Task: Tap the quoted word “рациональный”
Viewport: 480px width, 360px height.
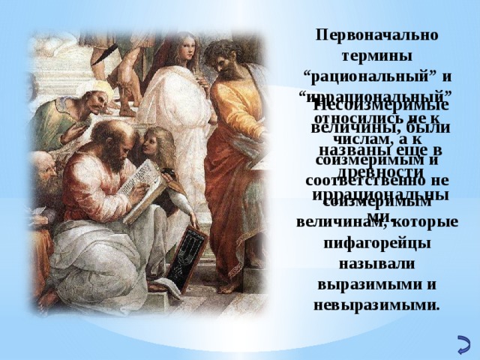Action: (x=367, y=76)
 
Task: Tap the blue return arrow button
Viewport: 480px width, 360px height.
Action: (x=463, y=346)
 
